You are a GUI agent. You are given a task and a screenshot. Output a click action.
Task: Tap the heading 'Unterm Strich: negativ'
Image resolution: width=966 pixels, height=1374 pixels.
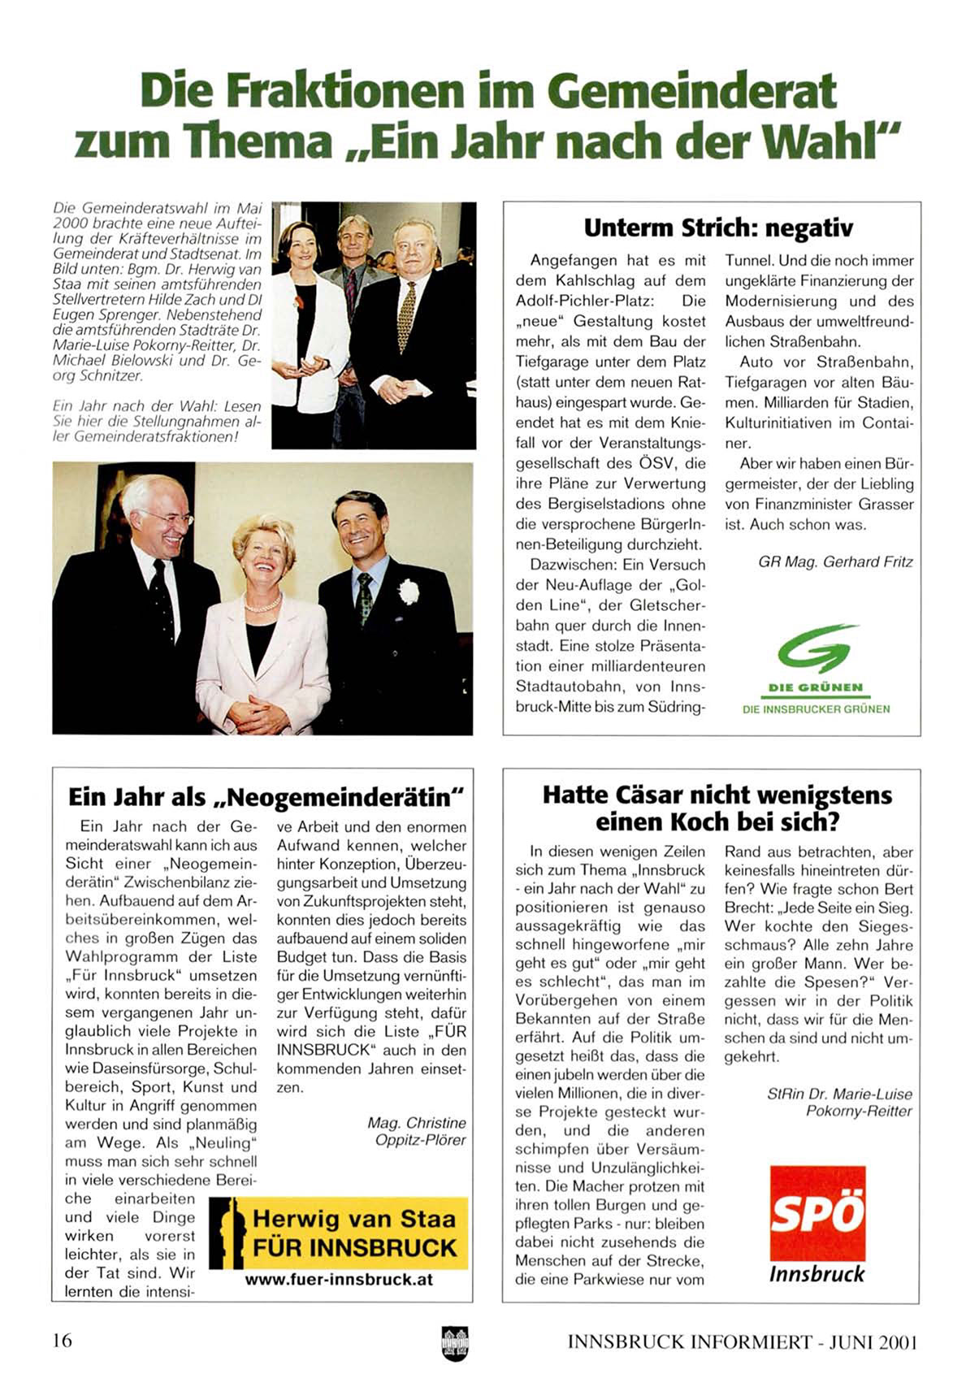[x=718, y=228]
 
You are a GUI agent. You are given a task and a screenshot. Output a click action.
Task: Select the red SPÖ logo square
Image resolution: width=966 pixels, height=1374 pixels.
[x=817, y=1213]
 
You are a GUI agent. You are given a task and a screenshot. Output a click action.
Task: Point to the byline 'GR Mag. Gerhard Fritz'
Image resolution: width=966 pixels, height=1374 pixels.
[x=835, y=561]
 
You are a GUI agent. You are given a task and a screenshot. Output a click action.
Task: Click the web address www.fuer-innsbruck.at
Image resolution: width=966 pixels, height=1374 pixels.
[x=339, y=1280]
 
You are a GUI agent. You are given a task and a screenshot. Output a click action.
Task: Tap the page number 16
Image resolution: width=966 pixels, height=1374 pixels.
[x=63, y=1340]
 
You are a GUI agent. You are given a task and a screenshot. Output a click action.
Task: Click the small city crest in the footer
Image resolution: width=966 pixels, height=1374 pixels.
[x=455, y=1342]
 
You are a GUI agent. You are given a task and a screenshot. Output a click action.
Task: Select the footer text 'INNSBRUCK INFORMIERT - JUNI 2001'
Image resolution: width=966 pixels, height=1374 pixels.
[x=742, y=1341]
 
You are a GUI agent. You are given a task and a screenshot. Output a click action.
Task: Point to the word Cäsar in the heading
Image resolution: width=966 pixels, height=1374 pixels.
[x=642, y=795]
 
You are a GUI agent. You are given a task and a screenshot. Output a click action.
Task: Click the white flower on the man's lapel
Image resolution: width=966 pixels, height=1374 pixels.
[x=408, y=592]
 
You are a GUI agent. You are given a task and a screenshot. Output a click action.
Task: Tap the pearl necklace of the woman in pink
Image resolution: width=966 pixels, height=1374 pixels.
[x=262, y=605]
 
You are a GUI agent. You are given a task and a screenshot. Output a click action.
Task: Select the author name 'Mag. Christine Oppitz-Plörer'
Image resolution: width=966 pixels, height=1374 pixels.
[x=417, y=1131]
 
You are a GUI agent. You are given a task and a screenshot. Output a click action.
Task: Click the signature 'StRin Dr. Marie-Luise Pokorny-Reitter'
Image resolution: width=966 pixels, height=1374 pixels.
[x=839, y=1103]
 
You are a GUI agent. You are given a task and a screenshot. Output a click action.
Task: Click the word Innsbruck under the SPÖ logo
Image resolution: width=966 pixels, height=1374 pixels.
[x=817, y=1274]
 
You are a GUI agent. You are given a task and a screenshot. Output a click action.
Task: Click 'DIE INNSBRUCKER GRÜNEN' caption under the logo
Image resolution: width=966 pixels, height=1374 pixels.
[x=816, y=709]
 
